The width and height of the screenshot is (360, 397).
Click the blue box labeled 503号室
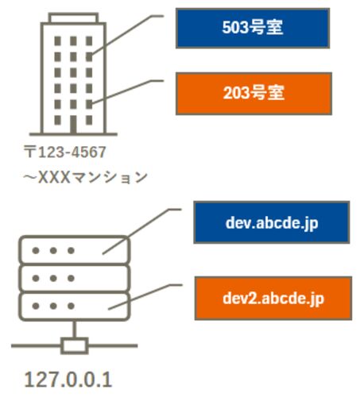pyautogui.click(x=253, y=28)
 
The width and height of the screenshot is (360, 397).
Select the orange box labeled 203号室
pyautogui.click(x=254, y=94)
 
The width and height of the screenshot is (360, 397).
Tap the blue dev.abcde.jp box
pyautogui.click(x=272, y=222)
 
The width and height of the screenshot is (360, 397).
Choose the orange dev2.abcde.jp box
pyautogui.click(x=273, y=299)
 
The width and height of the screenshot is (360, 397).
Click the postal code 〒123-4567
pyautogui.click(x=65, y=152)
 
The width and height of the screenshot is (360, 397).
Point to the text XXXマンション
pyautogui.click(x=93, y=177)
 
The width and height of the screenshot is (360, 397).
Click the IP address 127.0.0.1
pyautogui.click(x=68, y=380)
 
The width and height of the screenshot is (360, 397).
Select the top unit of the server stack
pyautogui.click(x=74, y=250)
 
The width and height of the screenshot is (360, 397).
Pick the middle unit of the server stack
pyautogui.click(x=74, y=278)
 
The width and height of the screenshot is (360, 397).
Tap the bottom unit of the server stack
pyautogui.click(x=74, y=306)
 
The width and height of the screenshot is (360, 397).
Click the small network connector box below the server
pyautogui.click(x=75, y=345)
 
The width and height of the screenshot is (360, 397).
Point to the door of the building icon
pyautogui.click(x=73, y=124)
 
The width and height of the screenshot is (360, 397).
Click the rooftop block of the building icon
pyautogui.click(x=73, y=17)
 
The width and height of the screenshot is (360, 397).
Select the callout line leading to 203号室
pyautogui.click(x=126, y=91)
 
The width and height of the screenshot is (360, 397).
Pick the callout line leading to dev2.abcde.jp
pyautogui.click(x=145, y=296)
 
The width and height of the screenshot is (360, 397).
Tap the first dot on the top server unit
pyautogui.click(x=36, y=250)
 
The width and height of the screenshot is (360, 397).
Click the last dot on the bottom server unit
pyautogui.click(x=71, y=306)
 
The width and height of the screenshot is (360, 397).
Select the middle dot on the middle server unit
pyautogui.click(x=53, y=278)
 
